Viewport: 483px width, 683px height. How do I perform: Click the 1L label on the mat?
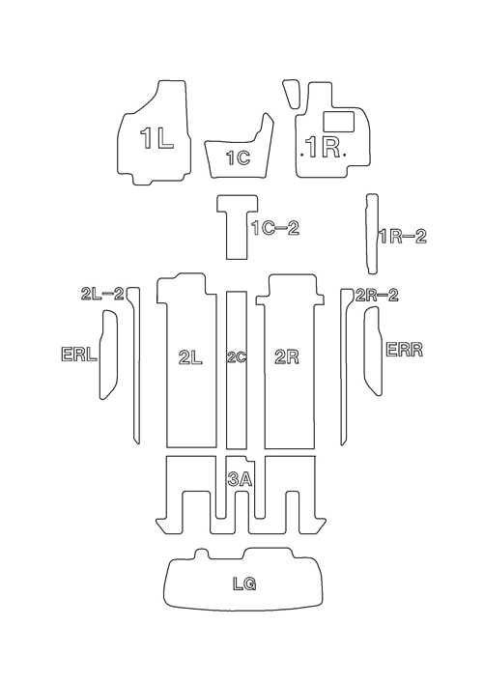pyautogui.click(x=156, y=139)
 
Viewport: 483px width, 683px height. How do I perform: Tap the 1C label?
pyautogui.click(x=239, y=157)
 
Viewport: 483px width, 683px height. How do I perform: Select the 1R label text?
pyautogui.click(x=323, y=147)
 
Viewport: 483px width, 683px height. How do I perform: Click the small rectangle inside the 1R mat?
pyautogui.click(x=338, y=121)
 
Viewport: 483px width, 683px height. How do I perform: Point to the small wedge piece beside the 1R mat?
pyautogui.click(x=291, y=93)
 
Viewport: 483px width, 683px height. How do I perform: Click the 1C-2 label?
pyautogui.click(x=275, y=228)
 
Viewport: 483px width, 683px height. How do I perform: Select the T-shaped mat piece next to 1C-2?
pyautogui.click(x=238, y=227)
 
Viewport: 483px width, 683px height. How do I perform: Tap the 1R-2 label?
pyautogui.click(x=402, y=237)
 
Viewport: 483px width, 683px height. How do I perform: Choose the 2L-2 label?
pyautogui.click(x=102, y=294)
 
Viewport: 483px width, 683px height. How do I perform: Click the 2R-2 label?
pyautogui.click(x=377, y=296)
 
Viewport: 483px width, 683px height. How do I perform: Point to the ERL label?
pyautogui.click(x=79, y=354)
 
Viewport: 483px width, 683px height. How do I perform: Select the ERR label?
pyautogui.click(x=405, y=350)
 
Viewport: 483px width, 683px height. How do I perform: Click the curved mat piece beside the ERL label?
pyautogui.click(x=109, y=355)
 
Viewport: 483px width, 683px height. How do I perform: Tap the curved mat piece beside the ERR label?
pyautogui.click(x=373, y=351)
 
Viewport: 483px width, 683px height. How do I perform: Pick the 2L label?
pyautogui.click(x=190, y=357)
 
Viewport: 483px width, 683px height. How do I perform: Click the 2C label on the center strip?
pyautogui.click(x=237, y=357)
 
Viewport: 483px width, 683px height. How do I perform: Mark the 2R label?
pyautogui.click(x=288, y=357)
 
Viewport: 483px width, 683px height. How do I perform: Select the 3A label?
pyautogui.click(x=240, y=479)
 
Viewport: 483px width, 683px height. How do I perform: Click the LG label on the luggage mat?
pyautogui.click(x=243, y=583)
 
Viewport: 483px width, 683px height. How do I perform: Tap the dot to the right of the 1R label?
pyautogui.click(x=345, y=154)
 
